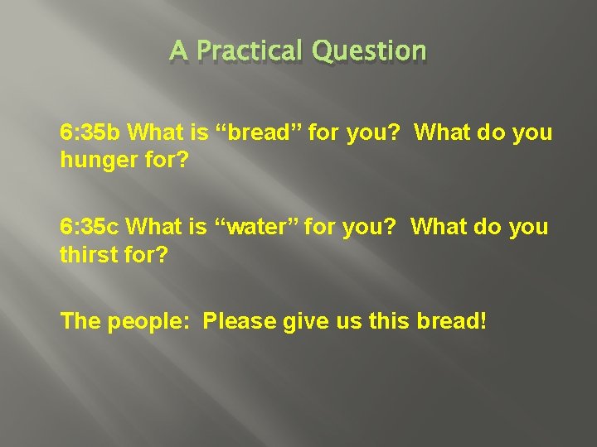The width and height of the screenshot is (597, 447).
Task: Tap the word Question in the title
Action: click(370, 52)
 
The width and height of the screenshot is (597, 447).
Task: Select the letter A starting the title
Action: click(177, 51)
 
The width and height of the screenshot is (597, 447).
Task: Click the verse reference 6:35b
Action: click(91, 132)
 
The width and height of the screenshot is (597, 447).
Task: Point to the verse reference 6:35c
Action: click(91, 227)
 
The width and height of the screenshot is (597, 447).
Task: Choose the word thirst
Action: click(88, 254)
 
